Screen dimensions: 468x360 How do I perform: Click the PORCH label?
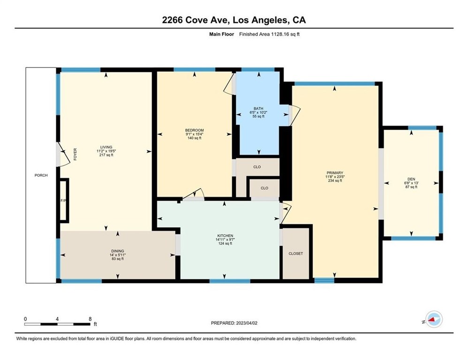pos(41,175)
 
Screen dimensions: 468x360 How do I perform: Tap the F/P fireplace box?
pos(64,201)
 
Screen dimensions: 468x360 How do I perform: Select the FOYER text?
pos(75,154)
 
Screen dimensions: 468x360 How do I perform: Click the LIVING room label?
pos(106,147)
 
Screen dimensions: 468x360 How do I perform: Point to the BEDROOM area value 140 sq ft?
pos(195,138)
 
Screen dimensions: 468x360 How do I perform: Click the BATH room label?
pos(258,109)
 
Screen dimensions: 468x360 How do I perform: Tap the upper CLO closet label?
pos(257,167)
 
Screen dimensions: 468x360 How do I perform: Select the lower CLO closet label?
pos(264,188)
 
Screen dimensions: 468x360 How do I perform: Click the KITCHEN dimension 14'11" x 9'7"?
pos(225,240)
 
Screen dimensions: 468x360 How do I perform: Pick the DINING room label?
pos(118,251)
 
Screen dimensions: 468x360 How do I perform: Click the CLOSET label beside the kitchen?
pos(296,254)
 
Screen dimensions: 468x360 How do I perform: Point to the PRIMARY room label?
pos(335,172)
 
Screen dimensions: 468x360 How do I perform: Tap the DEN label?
pos(411,179)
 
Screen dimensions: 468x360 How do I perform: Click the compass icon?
pos(434,319)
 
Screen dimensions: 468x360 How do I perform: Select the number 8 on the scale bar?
pos(90,319)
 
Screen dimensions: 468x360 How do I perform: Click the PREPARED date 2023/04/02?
pos(247,323)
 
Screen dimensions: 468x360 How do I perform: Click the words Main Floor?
pos(221,34)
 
